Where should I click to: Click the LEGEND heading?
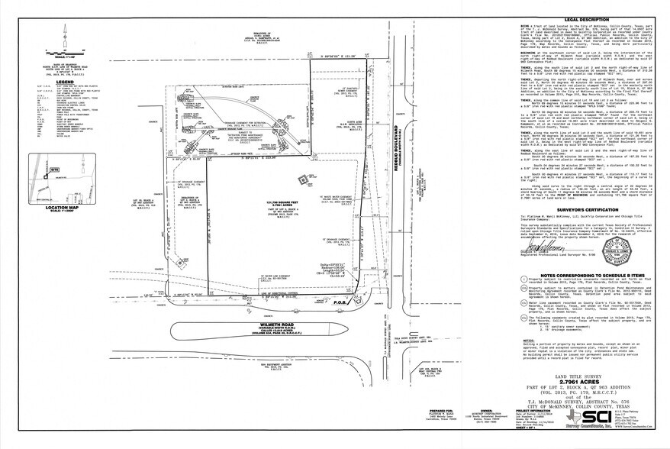63,81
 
